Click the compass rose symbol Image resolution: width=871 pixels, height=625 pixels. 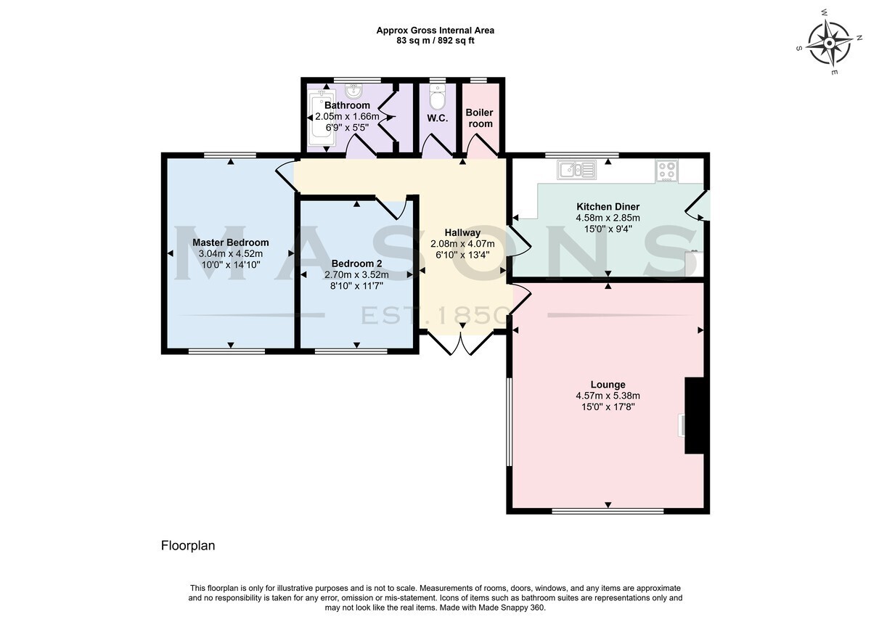pyautogui.click(x=829, y=43)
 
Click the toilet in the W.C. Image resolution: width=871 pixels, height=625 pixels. pyautogui.click(x=438, y=97)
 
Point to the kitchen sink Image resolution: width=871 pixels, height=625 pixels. pyautogui.click(x=576, y=170)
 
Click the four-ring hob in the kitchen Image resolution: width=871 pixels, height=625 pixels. pyautogui.click(x=667, y=171)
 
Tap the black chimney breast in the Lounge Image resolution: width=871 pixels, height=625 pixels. pyautogui.click(x=695, y=415)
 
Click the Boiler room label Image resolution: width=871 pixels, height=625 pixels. pyautogui.click(x=480, y=118)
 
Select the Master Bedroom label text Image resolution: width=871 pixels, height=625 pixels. pyautogui.click(x=231, y=242)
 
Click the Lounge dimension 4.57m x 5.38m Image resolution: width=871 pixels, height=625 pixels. pyautogui.click(x=608, y=396)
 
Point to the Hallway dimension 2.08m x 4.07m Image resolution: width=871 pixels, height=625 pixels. pyautogui.click(x=462, y=244)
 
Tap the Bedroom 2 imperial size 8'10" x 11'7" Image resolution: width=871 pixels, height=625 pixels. pyautogui.click(x=356, y=286)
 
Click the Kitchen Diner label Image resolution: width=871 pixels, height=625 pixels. pyautogui.click(x=608, y=206)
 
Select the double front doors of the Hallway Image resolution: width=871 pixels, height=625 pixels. pyautogui.click(x=461, y=341)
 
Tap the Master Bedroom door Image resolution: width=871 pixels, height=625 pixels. pyautogui.click(x=287, y=177)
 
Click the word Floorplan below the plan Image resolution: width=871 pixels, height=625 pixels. pyautogui.click(x=188, y=546)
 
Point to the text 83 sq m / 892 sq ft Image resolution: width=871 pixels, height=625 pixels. pyautogui.click(x=435, y=41)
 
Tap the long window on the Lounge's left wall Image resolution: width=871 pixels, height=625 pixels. pyautogui.click(x=509, y=422)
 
